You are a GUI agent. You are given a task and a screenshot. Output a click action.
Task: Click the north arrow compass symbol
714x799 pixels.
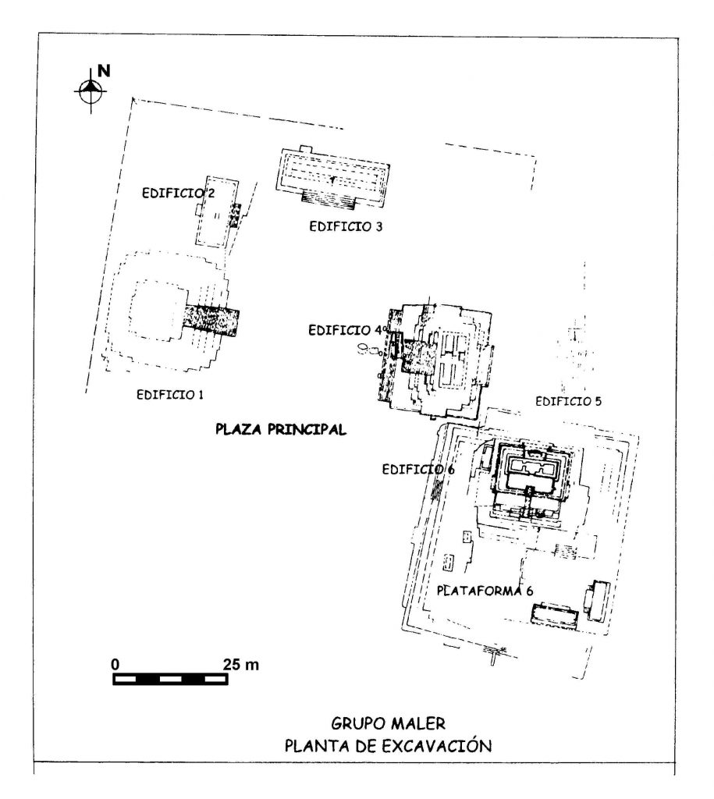(x=91, y=91)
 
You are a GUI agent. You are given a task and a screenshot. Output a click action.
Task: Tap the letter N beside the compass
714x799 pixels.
(x=104, y=70)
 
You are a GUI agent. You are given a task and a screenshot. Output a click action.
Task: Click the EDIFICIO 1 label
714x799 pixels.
(x=169, y=394)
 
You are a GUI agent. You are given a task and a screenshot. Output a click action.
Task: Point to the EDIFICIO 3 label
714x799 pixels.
(x=346, y=227)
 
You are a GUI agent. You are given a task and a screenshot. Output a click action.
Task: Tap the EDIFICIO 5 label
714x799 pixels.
(x=568, y=402)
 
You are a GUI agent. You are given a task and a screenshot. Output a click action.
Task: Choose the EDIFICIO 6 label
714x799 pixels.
(x=418, y=469)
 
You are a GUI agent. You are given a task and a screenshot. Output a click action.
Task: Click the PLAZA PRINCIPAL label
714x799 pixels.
(x=281, y=430)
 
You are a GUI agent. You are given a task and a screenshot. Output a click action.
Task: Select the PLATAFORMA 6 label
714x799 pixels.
(x=485, y=591)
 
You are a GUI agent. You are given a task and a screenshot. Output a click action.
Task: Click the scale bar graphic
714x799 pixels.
(x=170, y=679)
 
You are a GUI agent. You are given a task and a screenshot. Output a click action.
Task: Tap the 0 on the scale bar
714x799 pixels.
(x=115, y=665)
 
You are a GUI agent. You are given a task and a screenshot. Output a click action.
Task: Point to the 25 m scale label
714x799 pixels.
(x=240, y=665)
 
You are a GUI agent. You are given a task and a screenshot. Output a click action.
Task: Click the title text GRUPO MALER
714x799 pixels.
(x=389, y=723)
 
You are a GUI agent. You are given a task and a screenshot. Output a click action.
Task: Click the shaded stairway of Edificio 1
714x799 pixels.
(x=212, y=320)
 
